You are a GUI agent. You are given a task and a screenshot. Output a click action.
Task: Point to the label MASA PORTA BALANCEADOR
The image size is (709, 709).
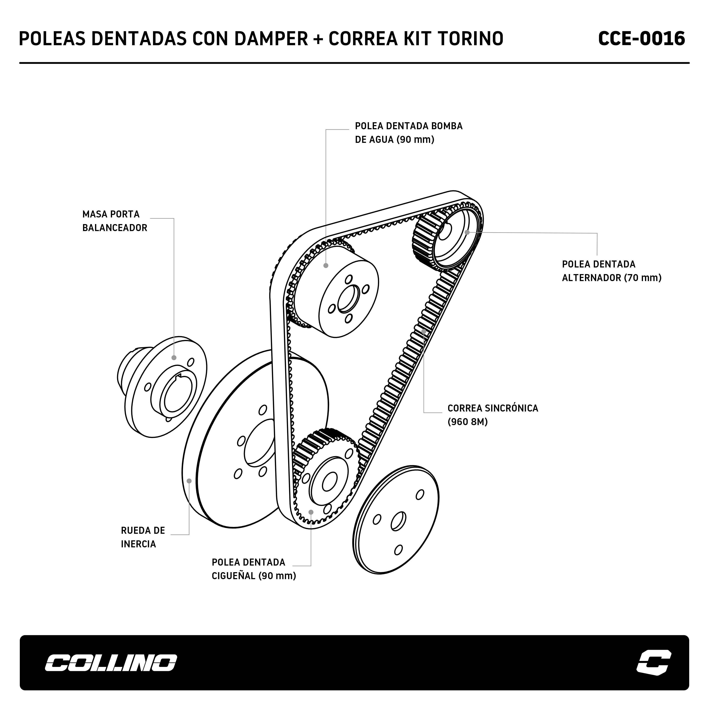(114, 221)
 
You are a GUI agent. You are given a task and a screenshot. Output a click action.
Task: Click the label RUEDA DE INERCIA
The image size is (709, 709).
(143, 537)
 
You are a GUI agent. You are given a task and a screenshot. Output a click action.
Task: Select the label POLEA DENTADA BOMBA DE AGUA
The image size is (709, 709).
(409, 132)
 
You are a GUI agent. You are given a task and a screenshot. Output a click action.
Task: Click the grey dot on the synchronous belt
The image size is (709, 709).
(424, 331)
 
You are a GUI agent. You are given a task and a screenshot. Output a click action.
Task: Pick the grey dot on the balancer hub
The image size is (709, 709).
(174, 358)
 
